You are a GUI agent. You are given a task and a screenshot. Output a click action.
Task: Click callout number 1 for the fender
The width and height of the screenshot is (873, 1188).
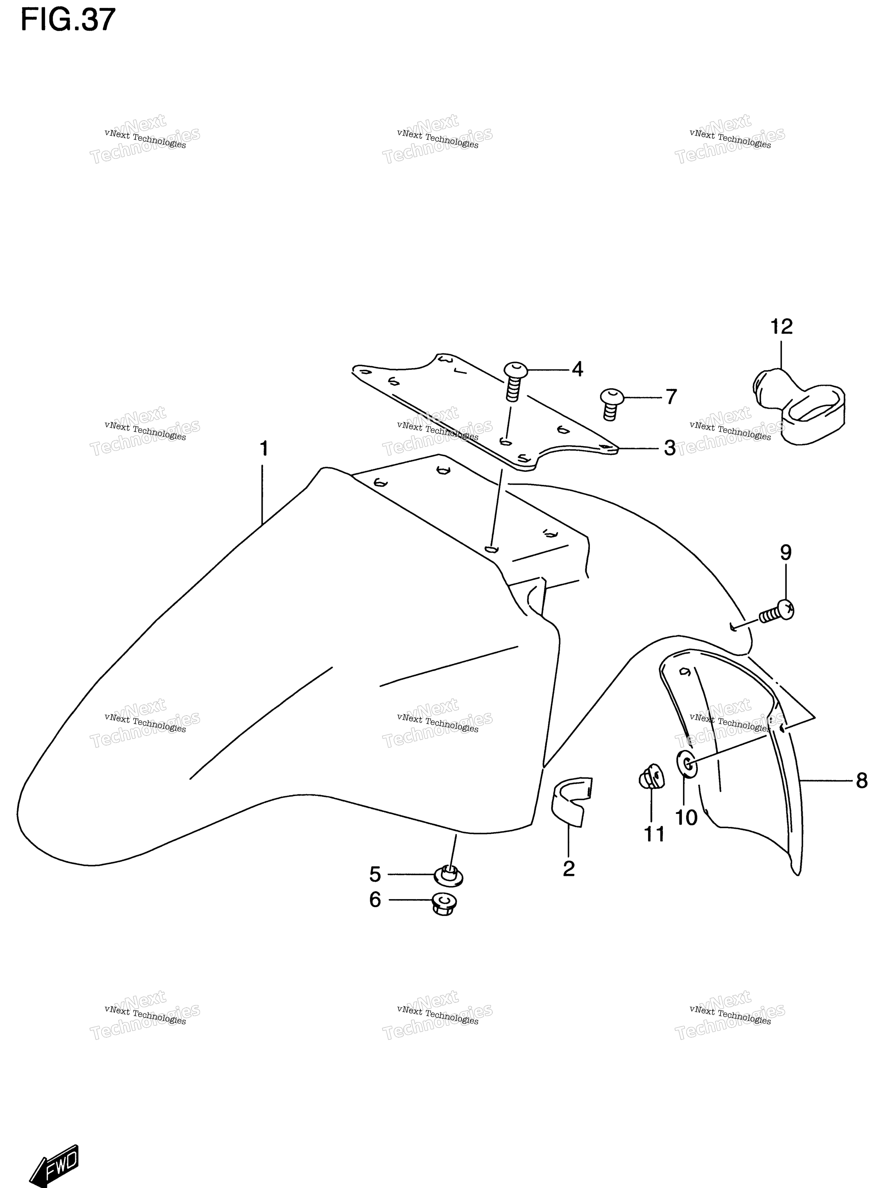tap(264, 448)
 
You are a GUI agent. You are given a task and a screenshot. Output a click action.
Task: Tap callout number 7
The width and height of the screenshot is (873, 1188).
tap(671, 396)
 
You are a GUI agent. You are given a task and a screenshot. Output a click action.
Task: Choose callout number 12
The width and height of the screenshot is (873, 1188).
tap(781, 326)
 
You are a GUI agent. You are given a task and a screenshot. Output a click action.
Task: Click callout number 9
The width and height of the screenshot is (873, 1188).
tap(786, 553)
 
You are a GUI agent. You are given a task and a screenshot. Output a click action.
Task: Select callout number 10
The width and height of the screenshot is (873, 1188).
tap(687, 818)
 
